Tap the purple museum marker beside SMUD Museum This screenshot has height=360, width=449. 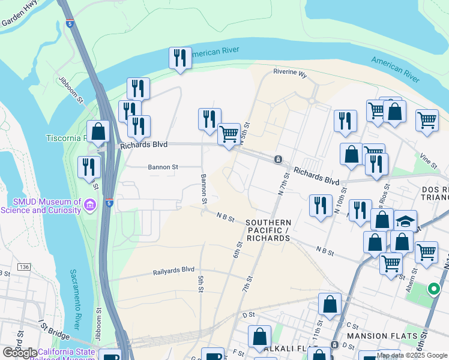[91, 206]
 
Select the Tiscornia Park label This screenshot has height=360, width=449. [66, 138]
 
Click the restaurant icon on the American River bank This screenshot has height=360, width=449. [180, 58]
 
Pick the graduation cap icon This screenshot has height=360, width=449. [406, 220]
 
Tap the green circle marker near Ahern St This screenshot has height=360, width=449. [433, 289]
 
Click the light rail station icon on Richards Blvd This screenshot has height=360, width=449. [278, 160]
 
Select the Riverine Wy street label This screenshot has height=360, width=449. [290, 74]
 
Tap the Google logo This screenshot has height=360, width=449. [20, 353]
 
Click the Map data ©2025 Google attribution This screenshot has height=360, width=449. [411, 355]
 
